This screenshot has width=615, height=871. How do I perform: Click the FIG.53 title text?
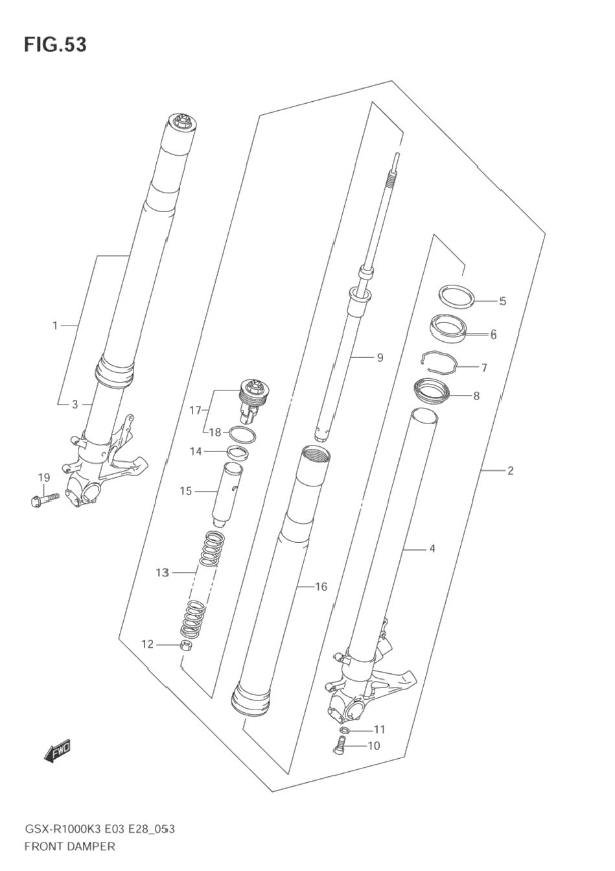coord(55,45)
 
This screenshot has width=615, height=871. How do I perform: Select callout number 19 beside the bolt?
coord(43,478)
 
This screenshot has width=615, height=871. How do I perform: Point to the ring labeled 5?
coord(457,295)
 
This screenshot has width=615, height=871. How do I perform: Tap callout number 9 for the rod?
coord(380,357)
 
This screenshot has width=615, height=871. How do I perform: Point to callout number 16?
coord(321,586)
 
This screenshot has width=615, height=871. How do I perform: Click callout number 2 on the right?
coord(510,470)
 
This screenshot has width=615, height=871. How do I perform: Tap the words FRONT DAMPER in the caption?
coord(69,846)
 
